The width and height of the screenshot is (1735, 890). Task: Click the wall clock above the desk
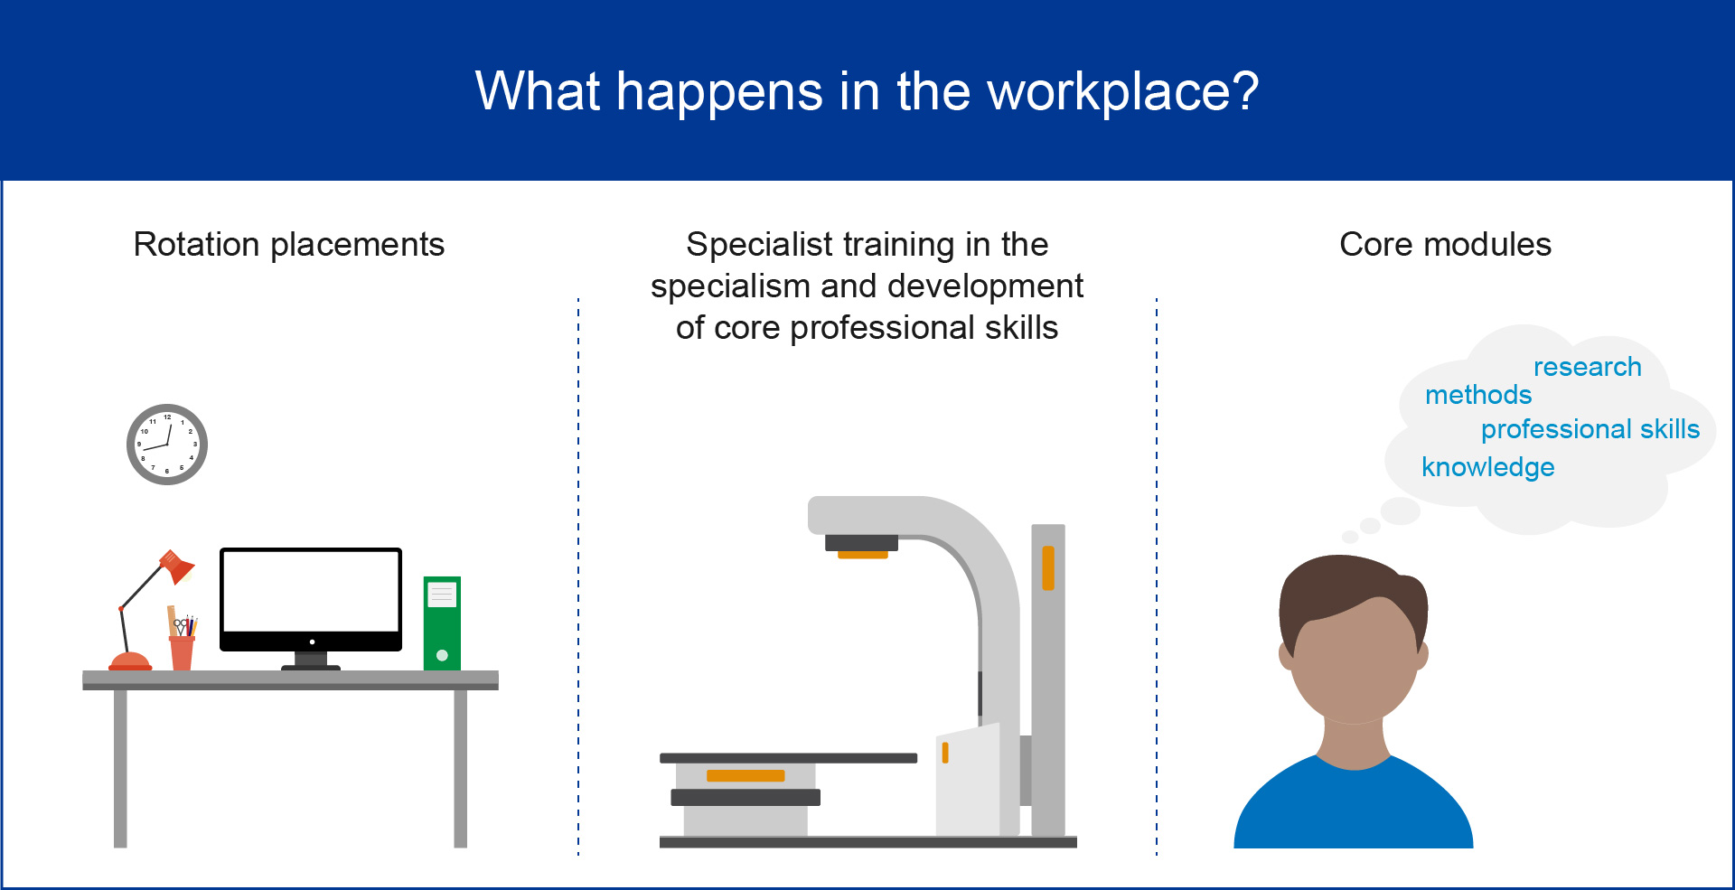coord(167,445)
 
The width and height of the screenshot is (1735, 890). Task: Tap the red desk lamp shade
coord(176,567)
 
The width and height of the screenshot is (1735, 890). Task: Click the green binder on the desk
coord(442,623)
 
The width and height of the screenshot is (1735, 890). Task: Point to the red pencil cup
coord(182,653)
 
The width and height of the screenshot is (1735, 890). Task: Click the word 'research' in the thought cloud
coord(1587,367)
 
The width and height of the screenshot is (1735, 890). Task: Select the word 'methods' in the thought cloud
coord(1478,395)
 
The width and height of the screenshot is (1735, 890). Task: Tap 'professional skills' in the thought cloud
coord(1590,429)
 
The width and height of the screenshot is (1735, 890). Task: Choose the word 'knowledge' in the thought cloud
coord(1487,467)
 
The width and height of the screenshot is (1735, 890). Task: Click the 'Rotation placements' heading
coord(289,245)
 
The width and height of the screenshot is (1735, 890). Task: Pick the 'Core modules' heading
coord(1445,245)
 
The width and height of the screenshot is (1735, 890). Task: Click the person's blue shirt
coord(1354,809)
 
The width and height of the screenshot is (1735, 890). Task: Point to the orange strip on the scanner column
coord(1048,568)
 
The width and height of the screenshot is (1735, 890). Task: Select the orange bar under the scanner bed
coord(746,775)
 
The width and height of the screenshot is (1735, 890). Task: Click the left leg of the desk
coord(120,769)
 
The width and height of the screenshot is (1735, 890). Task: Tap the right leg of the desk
coord(460,769)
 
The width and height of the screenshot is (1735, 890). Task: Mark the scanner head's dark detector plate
coord(861,542)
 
